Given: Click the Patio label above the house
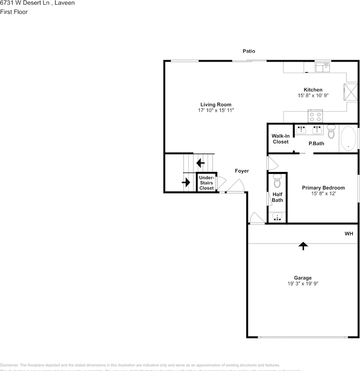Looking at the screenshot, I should tap(249, 51).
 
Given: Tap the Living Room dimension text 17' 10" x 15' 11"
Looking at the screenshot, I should tap(216, 111).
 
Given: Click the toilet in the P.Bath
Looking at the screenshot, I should tap(331, 131).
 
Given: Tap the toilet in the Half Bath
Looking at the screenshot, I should tap(277, 180).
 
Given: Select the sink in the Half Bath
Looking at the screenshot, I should tap(277, 217).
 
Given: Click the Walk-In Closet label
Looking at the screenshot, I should tap(280, 139).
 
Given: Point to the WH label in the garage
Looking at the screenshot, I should tap(349, 234).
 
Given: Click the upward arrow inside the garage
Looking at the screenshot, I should tap(303, 245).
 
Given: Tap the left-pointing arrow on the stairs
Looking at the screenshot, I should tap(200, 163).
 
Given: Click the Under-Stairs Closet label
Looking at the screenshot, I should tap(206, 183).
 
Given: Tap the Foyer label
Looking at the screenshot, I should tap(242, 171).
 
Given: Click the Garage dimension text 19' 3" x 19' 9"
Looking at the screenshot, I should tap(302, 284).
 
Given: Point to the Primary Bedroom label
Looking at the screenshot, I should tap(323, 188).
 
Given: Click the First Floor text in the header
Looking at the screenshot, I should tap(14, 12).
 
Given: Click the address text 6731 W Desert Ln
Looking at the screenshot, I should tap(24, 3).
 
